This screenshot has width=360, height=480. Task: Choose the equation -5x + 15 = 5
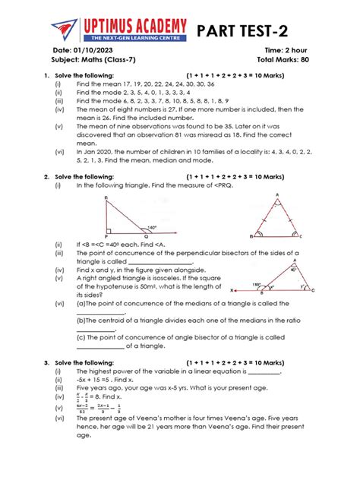[97, 380]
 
